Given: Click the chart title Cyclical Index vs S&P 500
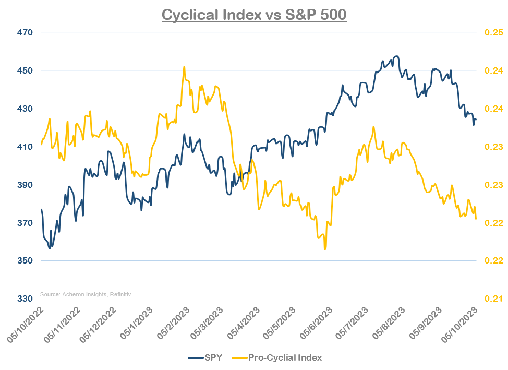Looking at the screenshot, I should click(x=254, y=15).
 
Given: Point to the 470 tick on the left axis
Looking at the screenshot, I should click(x=25, y=32).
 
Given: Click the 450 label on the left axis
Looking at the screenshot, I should click(x=25, y=70).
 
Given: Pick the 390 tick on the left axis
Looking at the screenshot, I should click(x=25, y=185).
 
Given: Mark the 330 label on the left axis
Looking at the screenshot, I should click(x=25, y=299).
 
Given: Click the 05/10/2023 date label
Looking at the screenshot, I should click(x=459, y=325).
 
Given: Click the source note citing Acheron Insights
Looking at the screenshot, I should click(x=86, y=295).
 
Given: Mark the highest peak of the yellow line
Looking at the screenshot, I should click(x=184, y=67).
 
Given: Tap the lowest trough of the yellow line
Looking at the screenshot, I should click(x=325, y=249).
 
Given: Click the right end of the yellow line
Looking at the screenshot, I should click(x=476, y=219).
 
